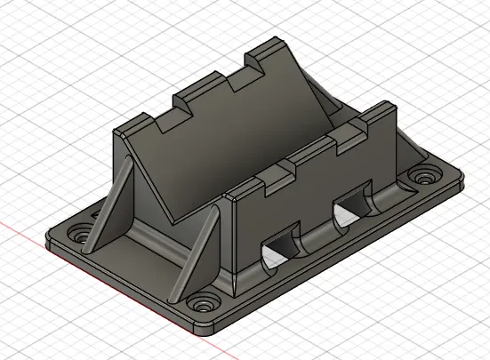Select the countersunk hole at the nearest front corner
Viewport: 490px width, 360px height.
point(206,302)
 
